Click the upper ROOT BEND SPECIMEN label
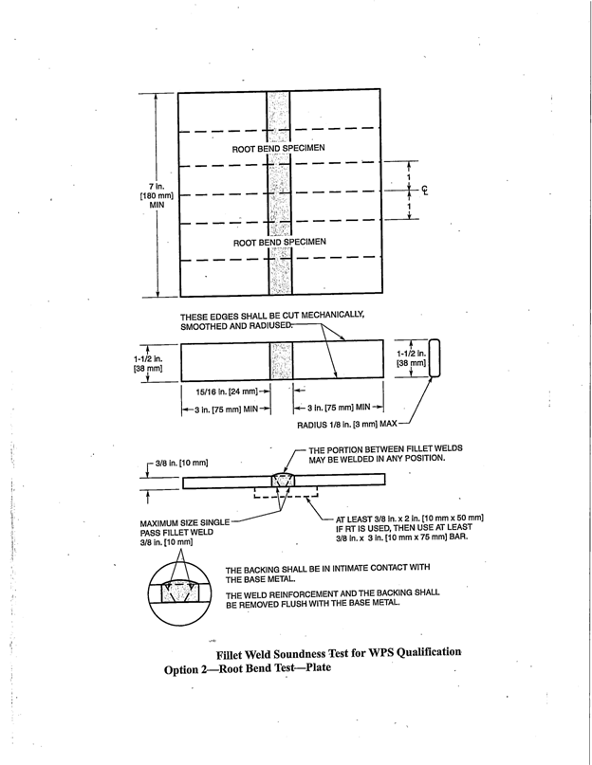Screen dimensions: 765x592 pos(279,149)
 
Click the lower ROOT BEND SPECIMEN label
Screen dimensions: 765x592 pos(279,242)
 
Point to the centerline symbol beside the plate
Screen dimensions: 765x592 pos(426,189)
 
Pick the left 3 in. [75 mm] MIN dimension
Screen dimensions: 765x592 pos(220,410)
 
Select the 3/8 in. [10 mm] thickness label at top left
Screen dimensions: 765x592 pos(182,462)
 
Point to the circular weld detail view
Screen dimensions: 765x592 pos(180,589)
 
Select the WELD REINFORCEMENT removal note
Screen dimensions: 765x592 pos(333,600)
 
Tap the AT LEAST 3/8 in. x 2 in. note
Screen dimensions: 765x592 pos(409,527)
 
